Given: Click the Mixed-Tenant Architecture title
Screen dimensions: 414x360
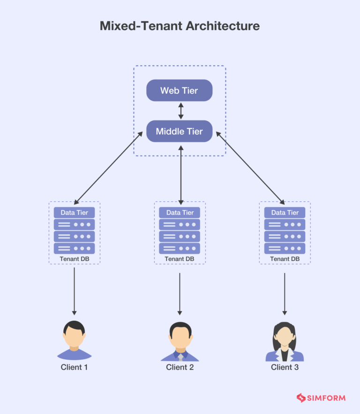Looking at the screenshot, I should (180, 26).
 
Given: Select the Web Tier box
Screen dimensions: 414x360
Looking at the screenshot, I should (180, 90).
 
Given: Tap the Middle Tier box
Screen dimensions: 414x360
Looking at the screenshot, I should (180, 132).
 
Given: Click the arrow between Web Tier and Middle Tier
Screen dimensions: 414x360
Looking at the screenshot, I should (180, 111).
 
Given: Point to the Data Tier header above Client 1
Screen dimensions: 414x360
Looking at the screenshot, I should (74, 213).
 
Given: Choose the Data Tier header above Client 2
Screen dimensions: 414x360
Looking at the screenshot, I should (180, 213).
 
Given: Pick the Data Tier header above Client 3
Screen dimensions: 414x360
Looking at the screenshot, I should (285, 213).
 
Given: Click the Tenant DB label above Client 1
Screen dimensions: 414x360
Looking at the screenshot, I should (74, 259).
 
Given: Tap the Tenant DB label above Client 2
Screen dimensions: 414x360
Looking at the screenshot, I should (180, 259).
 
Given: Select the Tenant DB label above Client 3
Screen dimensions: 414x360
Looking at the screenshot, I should (285, 259).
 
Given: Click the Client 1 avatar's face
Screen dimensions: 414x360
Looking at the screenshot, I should (74, 336).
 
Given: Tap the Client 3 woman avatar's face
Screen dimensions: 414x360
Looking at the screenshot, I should (285, 336).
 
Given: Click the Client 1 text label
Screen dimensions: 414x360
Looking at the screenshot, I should (74, 367).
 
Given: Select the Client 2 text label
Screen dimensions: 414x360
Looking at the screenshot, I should (180, 367).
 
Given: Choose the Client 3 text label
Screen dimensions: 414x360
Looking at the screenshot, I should (285, 367).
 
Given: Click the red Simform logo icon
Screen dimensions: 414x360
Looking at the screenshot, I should (301, 398).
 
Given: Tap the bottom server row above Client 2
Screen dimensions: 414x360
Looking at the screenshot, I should (180, 248).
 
